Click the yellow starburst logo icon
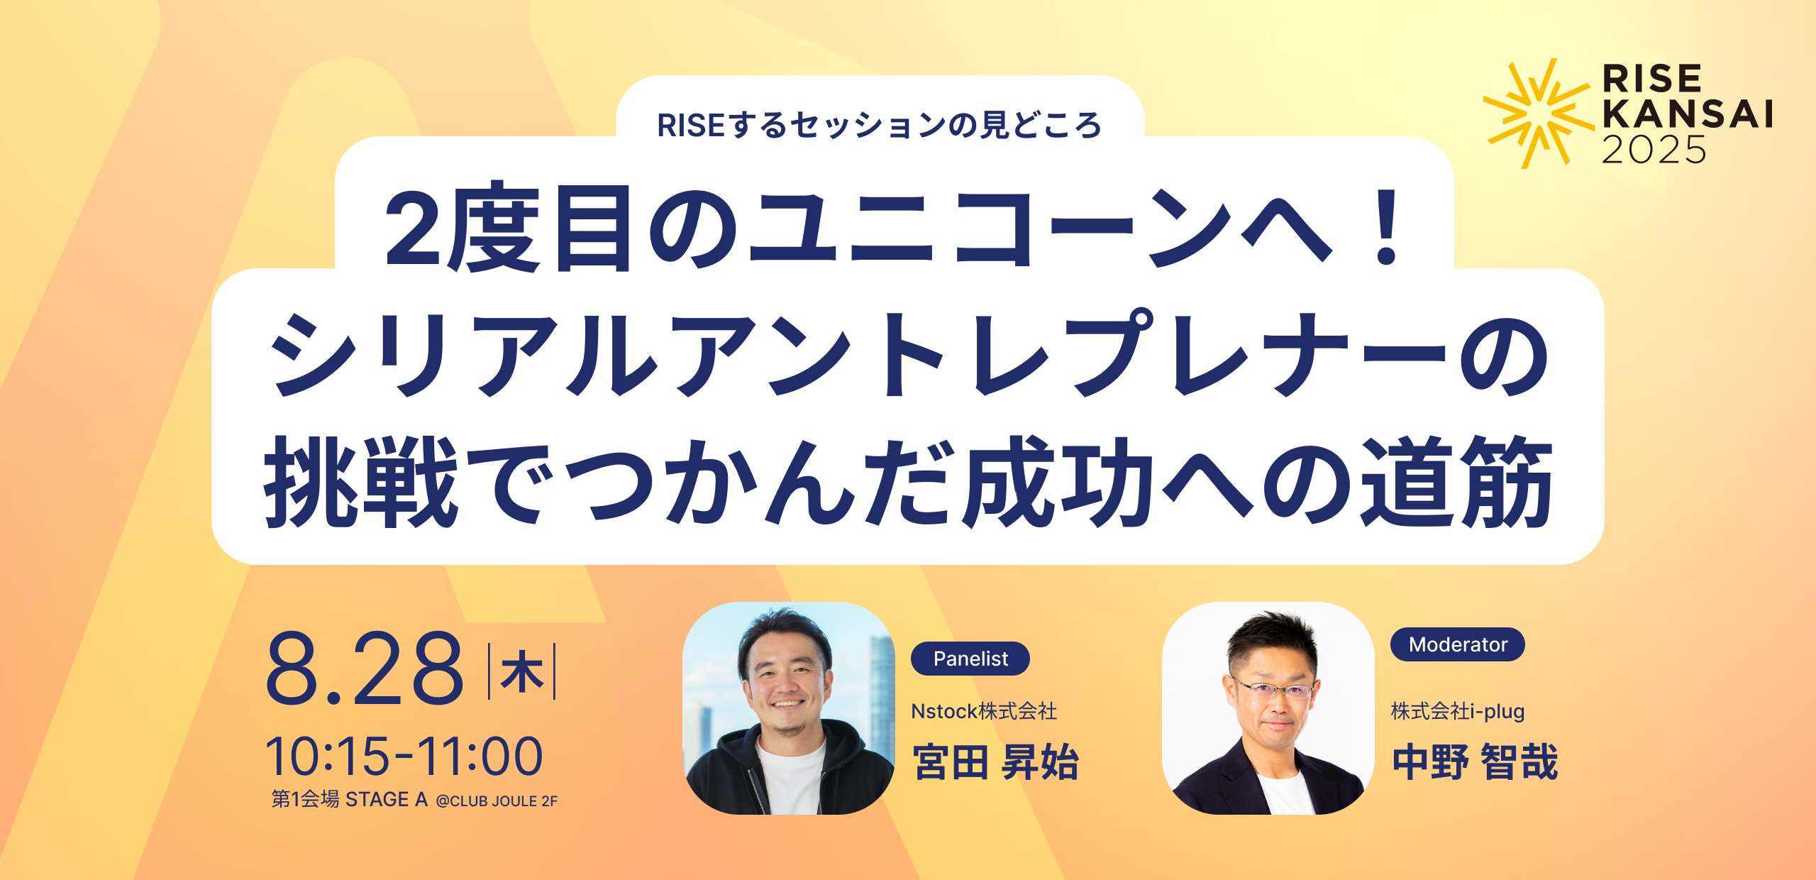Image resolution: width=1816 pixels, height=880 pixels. pyautogui.click(x=1537, y=114)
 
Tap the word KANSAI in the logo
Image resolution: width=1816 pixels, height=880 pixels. pyautogui.click(x=1688, y=114)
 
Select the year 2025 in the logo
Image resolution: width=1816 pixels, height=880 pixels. pyautogui.click(x=1654, y=150)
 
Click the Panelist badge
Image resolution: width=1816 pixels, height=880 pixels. pyautogui.click(x=970, y=659)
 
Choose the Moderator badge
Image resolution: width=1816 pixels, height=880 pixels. pyautogui.click(x=1458, y=644)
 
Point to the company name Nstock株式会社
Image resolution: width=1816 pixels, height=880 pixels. pyautogui.click(x=984, y=711)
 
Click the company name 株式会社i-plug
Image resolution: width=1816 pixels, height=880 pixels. pyautogui.click(x=1458, y=711)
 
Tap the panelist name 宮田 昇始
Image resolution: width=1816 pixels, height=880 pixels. pyautogui.click(x=996, y=762)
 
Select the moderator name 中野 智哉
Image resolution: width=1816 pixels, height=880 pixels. pyautogui.click(x=1475, y=762)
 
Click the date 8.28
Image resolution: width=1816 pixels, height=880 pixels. pyautogui.click(x=365, y=669)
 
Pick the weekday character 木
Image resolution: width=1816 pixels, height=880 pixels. pyautogui.click(x=522, y=671)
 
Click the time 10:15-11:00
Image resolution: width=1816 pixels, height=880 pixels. pyautogui.click(x=404, y=756)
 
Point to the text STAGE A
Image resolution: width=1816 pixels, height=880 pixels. pyautogui.click(x=387, y=800)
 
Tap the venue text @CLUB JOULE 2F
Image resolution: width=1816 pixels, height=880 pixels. pyautogui.click(x=497, y=801)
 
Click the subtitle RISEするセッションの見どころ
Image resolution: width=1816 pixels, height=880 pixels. pyautogui.click(x=880, y=125)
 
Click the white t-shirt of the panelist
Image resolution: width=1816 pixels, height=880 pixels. pyautogui.click(x=790, y=777)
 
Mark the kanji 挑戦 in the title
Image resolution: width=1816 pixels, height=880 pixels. pyautogui.click(x=361, y=482)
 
